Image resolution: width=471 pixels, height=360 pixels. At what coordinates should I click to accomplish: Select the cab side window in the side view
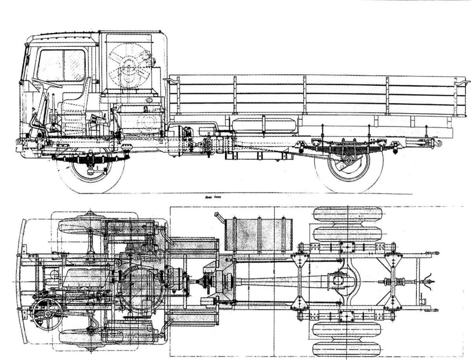tap(62, 65)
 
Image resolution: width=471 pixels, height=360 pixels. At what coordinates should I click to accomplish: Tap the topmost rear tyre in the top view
tap(347, 216)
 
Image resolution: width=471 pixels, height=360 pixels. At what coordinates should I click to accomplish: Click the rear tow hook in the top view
tap(429, 281)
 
